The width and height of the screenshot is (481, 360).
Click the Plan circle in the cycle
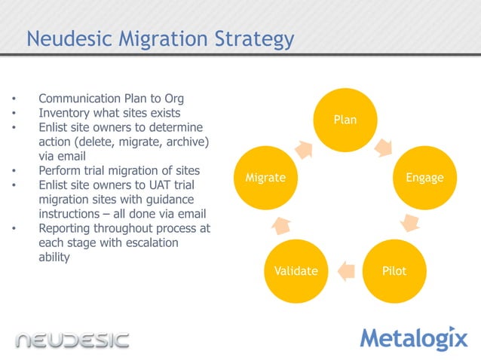(345, 120)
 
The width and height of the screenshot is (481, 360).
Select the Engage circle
(424, 178)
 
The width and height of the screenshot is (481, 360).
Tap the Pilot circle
(394, 270)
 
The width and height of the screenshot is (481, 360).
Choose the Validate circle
(296, 270)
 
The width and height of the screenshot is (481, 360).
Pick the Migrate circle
(265, 178)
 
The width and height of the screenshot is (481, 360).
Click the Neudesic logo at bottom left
(72, 339)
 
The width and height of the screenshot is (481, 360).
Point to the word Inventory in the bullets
(64, 113)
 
